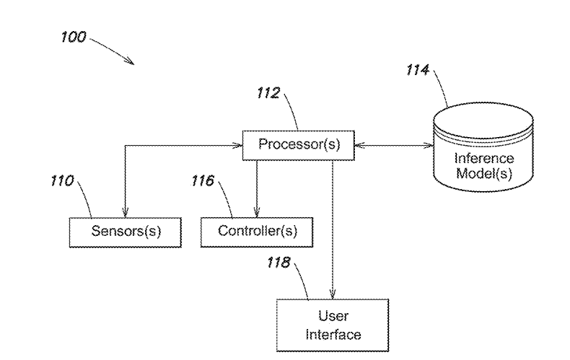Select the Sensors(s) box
126,232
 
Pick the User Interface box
333,325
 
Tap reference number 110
61,180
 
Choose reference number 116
203,180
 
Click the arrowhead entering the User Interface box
333,296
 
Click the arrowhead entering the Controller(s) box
256,212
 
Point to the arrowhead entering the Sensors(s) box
126,212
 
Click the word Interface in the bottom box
333,334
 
